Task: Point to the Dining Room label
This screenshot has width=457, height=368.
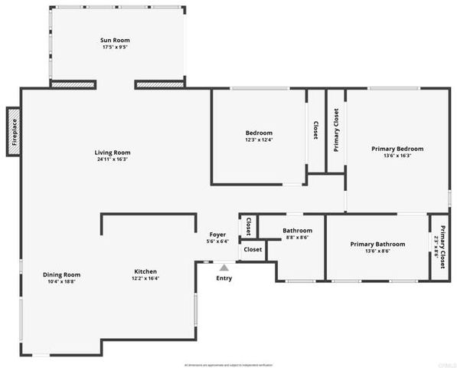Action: [x=61, y=274]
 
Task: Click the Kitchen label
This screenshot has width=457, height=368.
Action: [x=145, y=271]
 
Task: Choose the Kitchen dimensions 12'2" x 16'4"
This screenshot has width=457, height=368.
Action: [x=145, y=279]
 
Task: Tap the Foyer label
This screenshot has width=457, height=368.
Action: [x=218, y=235]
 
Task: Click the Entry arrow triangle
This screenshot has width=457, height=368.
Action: [x=224, y=268]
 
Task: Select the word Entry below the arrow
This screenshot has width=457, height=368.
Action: [x=224, y=278]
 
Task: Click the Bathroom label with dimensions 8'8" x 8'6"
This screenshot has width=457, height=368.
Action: [x=297, y=231]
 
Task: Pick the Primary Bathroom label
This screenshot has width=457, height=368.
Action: [x=377, y=244]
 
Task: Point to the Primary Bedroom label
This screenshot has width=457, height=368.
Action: [x=397, y=149]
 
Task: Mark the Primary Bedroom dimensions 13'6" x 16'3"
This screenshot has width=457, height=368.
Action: [x=397, y=156]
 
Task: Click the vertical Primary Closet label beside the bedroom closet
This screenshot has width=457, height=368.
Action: [x=336, y=130]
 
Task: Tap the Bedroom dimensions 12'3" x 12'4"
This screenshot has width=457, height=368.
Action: [x=259, y=140]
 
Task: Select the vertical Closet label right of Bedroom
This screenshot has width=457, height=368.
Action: [x=316, y=130]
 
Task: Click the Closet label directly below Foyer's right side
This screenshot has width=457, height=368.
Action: [x=253, y=249]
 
